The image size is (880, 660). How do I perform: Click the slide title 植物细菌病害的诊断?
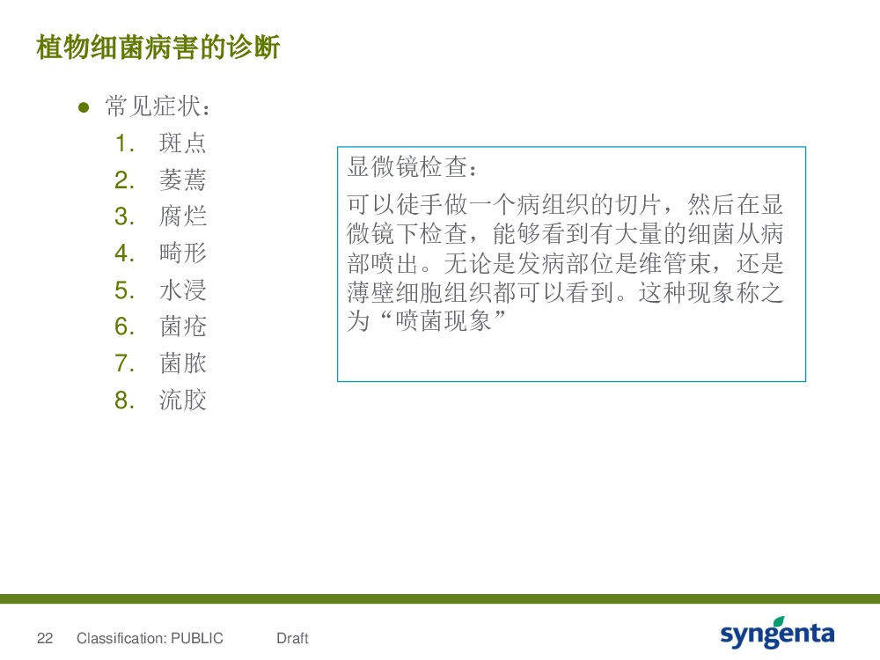[x=158, y=48]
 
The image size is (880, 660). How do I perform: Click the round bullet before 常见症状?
[x=84, y=107]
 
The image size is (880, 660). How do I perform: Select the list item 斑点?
[x=182, y=143]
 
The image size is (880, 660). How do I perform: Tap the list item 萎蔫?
[x=182, y=180]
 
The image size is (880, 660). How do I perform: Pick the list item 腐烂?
[x=182, y=216]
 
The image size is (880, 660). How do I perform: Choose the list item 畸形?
[x=182, y=253]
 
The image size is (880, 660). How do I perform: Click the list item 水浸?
[x=182, y=290]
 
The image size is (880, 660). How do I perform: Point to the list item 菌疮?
[x=182, y=326]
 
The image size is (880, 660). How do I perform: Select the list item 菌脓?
[x=182, y=363]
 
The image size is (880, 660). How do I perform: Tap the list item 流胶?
[x=182, y=400]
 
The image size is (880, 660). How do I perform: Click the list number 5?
[x=124, y=290]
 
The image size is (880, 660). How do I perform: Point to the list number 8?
[x=124, y=400]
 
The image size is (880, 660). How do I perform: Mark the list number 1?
[x=124, y=143]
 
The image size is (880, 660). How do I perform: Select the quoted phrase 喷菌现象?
[x=444, y=321]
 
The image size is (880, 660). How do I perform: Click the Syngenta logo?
[x=777, y=633]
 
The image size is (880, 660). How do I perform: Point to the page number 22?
[x=45, y=638]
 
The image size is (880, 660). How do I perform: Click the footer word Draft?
[x=292, y=638]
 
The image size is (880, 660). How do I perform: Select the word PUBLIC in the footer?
[x=197, y=638]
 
